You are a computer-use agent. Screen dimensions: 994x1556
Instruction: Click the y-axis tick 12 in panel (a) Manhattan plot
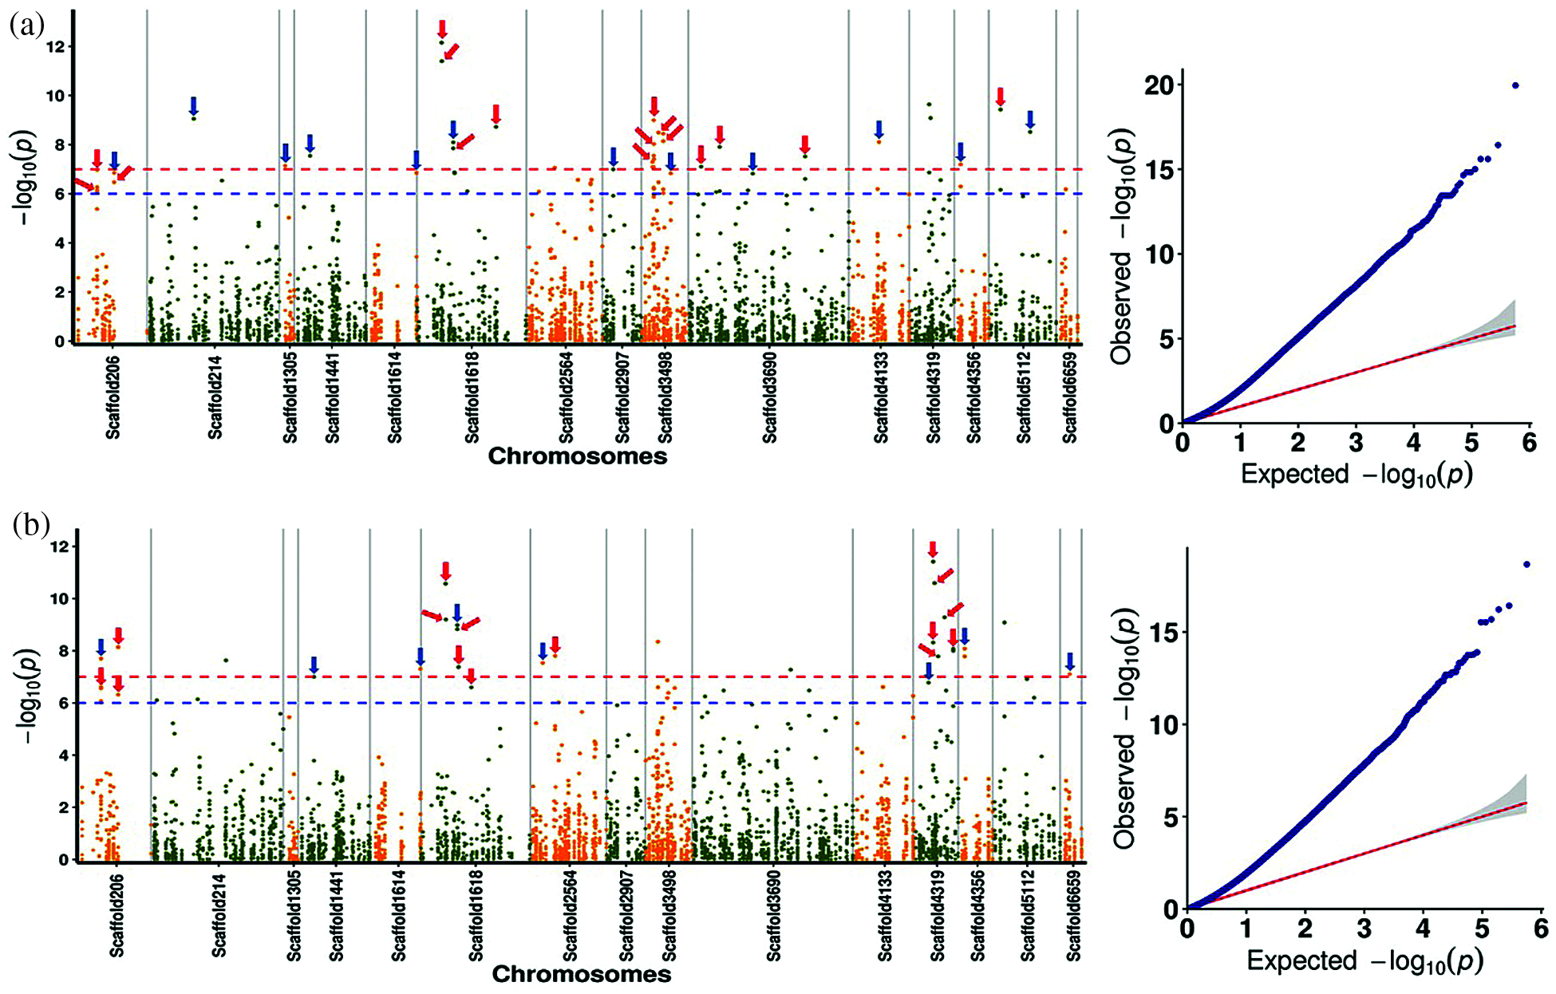pos(56,47)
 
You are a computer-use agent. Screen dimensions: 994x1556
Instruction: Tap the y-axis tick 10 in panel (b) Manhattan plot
pos(59,599)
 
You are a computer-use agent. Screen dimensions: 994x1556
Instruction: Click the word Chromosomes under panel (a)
pos(577,457)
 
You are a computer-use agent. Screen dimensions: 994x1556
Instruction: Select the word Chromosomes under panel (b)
pos(581,975)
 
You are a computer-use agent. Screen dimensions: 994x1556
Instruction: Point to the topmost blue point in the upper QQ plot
pos(1515,85)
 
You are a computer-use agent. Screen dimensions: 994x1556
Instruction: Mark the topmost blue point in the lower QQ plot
pos(1526,564)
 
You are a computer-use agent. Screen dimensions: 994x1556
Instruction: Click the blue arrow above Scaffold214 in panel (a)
pos(193,105)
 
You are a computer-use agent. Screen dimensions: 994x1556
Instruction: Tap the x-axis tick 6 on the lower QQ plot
pos(1540,929)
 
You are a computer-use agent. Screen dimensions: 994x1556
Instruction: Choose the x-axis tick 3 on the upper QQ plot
pos(1357,442)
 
